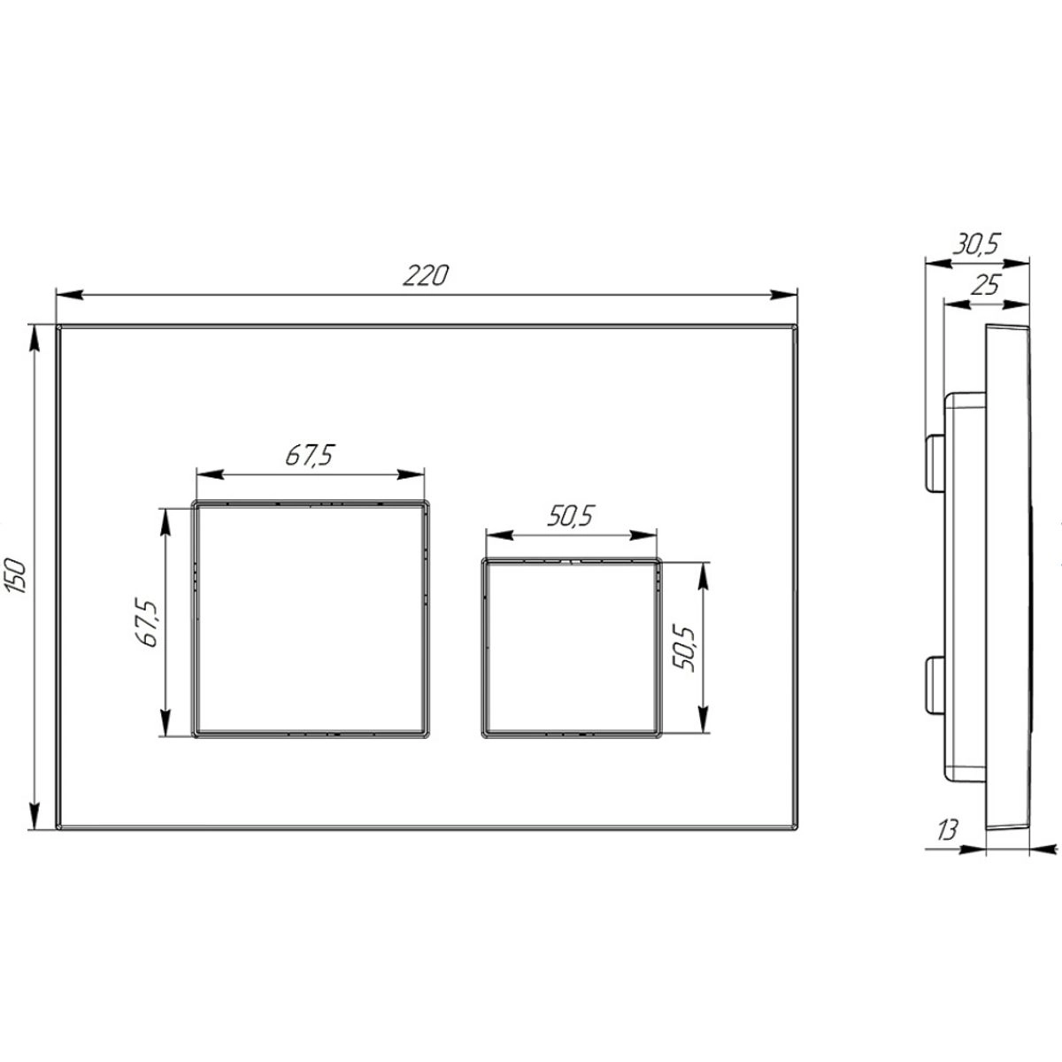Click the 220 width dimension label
point(426,275)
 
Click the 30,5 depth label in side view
point(976,244)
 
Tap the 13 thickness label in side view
point(947,845)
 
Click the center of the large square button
point(311,619)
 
